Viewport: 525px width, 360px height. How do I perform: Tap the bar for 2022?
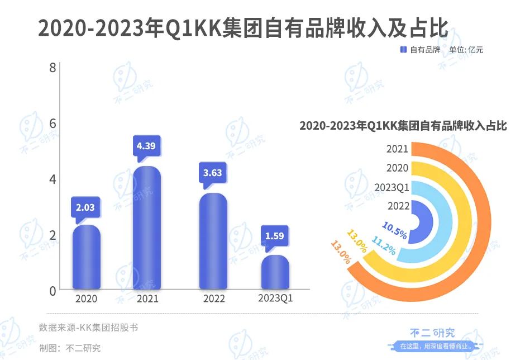pos(213,241)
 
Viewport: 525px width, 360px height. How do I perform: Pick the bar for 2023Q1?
pos(275,272)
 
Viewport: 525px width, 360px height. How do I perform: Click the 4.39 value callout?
pos(147,146)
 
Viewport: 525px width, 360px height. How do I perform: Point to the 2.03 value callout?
pos(85,207)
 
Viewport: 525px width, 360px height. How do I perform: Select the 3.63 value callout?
pos(213,173)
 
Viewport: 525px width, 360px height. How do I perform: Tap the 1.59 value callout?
pos(275,235)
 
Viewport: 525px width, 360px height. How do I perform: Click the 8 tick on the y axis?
pos(52,68)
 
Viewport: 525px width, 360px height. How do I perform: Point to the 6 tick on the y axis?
pos(52,124)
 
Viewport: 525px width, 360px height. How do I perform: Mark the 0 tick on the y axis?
pos(52,291)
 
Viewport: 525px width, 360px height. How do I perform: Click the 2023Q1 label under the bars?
pos(275,299)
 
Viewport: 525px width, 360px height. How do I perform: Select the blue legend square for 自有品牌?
pos(403,50)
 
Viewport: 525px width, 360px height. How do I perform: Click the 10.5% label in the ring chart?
pos(394,229)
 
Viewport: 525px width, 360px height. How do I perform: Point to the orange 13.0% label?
pos(341,253)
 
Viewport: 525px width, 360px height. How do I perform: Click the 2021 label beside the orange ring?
pos(397,149)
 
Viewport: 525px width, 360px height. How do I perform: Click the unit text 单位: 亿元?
pos(466,50)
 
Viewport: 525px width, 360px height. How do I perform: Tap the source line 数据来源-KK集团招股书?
pos(88,327)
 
